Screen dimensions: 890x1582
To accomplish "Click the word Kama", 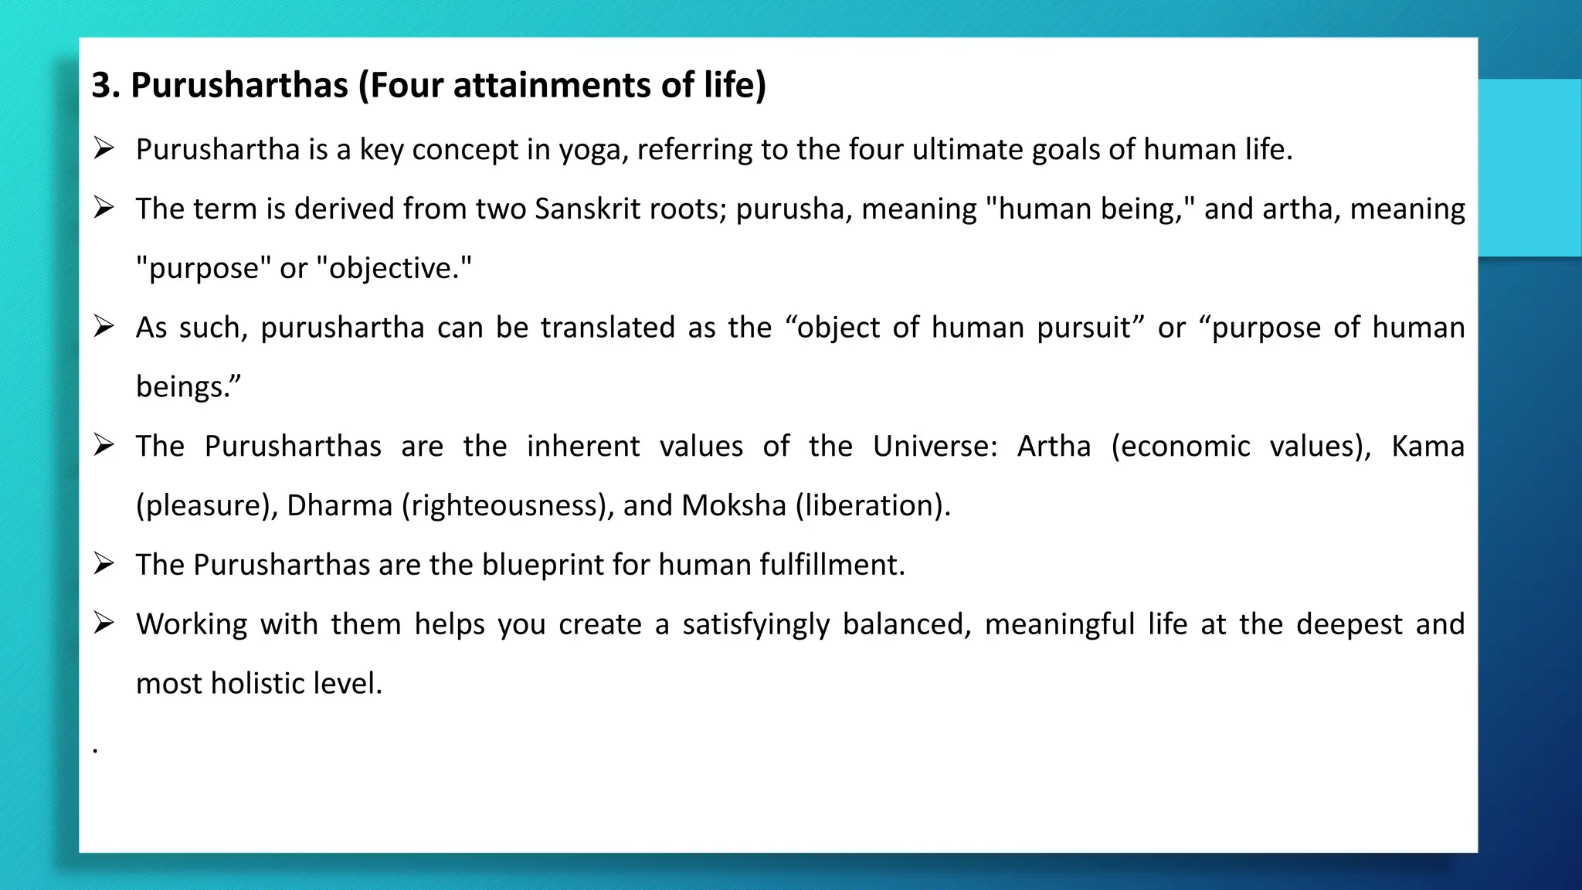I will pyautogui.click(x=1428, y=447).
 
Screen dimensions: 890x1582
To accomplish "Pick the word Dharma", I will pyautogui.click(x=340, y=506).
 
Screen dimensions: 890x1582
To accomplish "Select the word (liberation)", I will pyautogui.click(x=873, y=506).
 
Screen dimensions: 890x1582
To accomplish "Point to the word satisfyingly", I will pyautogui.click(x=755, y=625).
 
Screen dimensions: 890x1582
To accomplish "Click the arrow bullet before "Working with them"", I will pyautogui.click(x=104, y=623).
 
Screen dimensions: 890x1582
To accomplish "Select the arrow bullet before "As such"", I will pyautogui.click(x=104, y=326).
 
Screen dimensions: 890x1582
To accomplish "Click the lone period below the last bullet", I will pyautogui.click(x=95, y=750).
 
